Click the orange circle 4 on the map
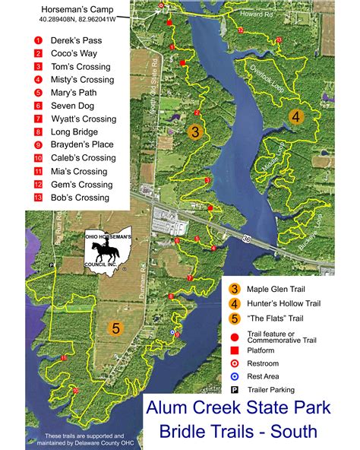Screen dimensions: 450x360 (295, 117)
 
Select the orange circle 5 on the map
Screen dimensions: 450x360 (115, 328)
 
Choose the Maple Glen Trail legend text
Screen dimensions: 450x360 (283, 289)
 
